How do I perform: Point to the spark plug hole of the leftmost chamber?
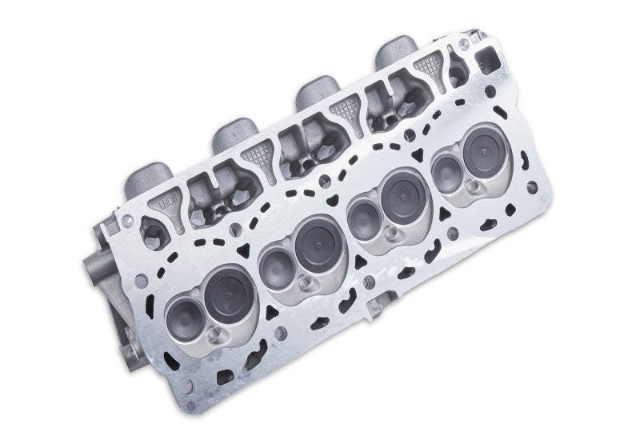216,334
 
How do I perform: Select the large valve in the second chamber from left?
314,243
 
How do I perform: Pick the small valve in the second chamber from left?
276,263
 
